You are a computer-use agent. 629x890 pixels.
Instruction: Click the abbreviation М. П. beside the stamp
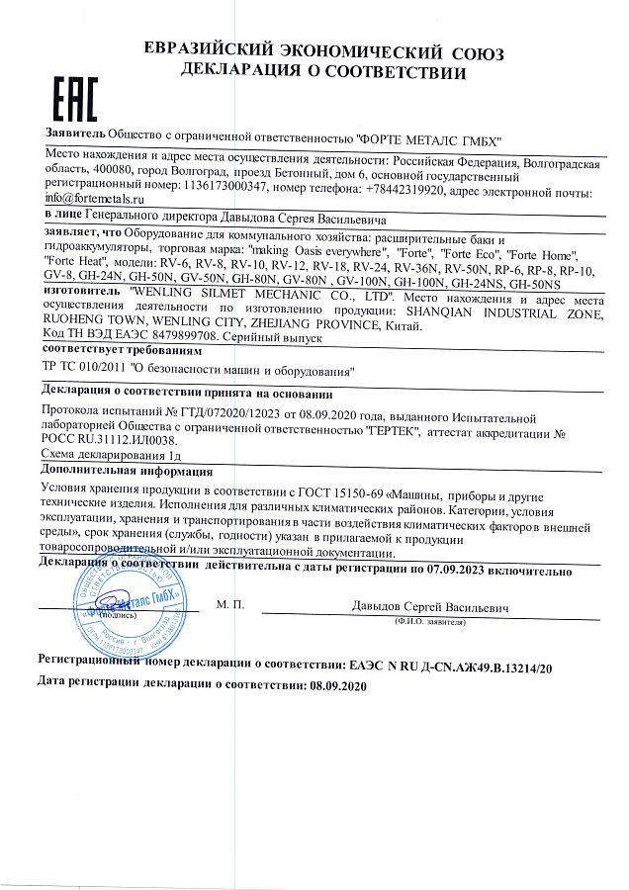[x=228, y=602]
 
